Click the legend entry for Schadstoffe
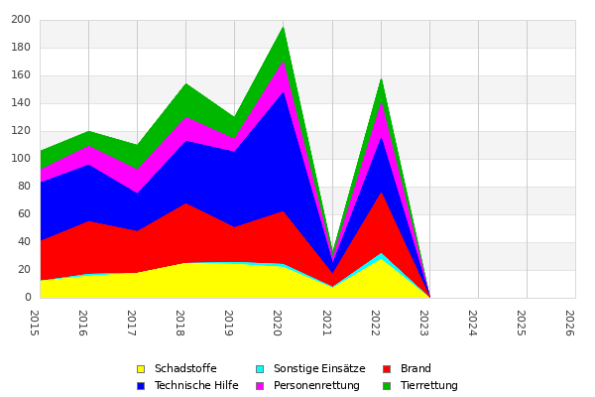pyautogui.click(x=185, y=369)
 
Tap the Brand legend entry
pyautogui.click(x=416, y=369)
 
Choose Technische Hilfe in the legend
pyautogui.click(x=196, y=386)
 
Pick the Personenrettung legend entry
pyautogui.click(x=316, y=386)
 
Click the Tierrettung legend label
pyautogui.click(x=428, y=386)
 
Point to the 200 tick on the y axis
pyautogui.click(x=22, y=20)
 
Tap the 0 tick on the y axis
pyautogui.click(x=28, y=298)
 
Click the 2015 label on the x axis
pyautogui.click(x=35, y=322)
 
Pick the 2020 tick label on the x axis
pyautogui.click(x=278, y=322)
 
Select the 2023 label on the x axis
pyautogui.click(x=423, y=322)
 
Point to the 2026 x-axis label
pyautogui.click(x=569, y=322)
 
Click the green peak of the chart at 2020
pyautogui.click(x=283, y=30)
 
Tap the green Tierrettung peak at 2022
pyautogui.click(x=380, y=80)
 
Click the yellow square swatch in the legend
pyautogui.click(x=141, y=369)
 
